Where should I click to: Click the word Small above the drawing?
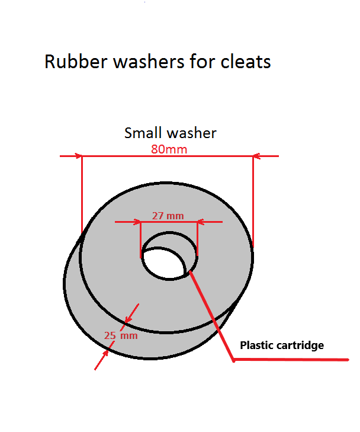tap(142, 133)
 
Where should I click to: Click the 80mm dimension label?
tap(169, 149)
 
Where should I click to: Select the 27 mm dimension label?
tap(168, 216)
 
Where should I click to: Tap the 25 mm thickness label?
tap(121, 335)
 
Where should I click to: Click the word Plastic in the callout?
tap(258, 345)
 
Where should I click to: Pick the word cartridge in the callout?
tap(301, 345)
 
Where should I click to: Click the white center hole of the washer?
tap(162, 264)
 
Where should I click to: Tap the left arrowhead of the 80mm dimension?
tap(79, 156)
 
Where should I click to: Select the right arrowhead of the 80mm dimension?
tap(256, 156)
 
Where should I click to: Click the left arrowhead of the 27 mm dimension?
tap(137, 222)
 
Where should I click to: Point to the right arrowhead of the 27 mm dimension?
tap(200, 222)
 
